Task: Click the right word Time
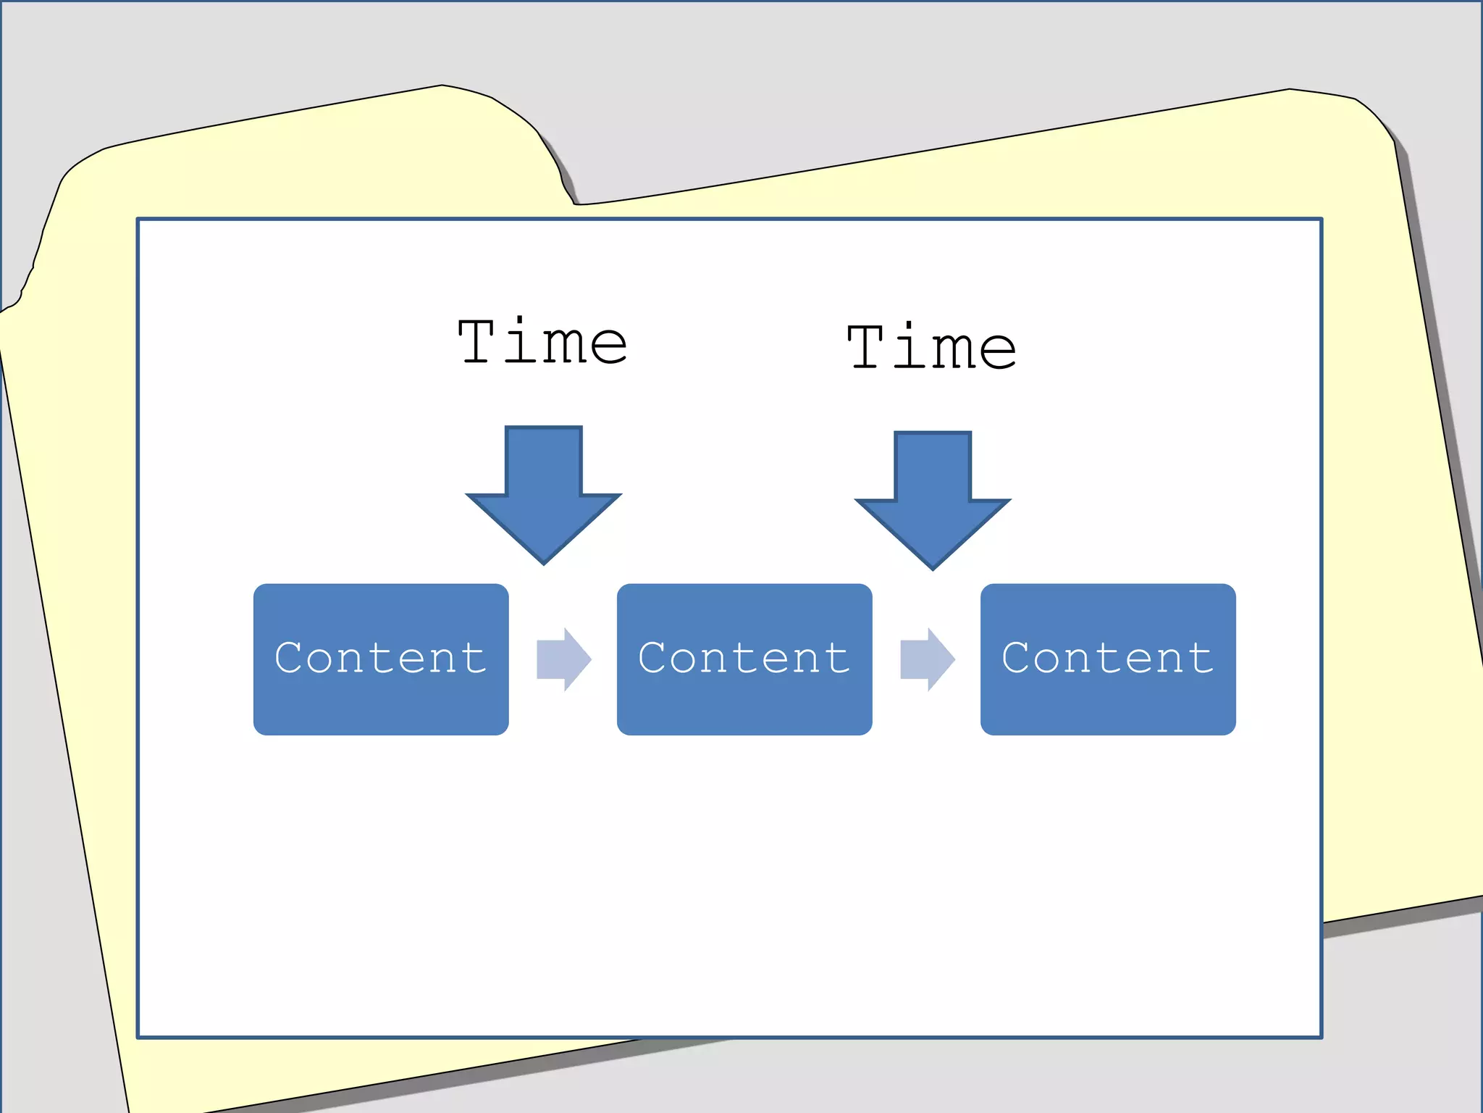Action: click(x=932, y=347)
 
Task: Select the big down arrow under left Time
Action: click(x=544, y=493)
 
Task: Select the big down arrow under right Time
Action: click(x=933, y=499)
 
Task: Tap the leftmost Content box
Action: click(x=381, y=659)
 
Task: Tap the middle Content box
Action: click(x=744, y=659)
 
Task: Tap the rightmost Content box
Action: click(x=1108, y=659)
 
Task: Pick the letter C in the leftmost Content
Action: click(x=290, y=658)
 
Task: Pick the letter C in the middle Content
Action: click(x=653, y=658)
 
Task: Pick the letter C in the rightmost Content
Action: click(x=1017, y=658)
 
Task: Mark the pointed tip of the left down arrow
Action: click(x=544, y=562)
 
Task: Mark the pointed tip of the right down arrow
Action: click(x=933, y=567)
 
